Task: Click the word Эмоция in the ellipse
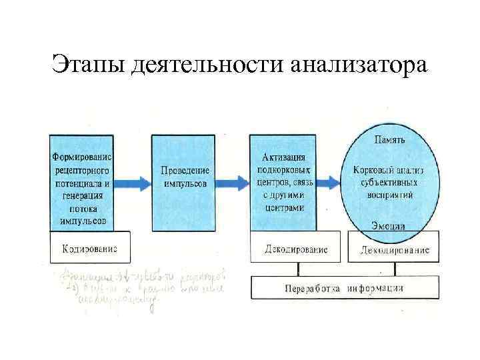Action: tap(388, 226)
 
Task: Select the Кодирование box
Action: tap(89, 248)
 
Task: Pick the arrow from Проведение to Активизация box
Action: tap(233, 182)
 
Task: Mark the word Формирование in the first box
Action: tap(82, 157)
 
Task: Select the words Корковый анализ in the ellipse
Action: tap(388, 170)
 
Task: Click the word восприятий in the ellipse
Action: tap(388, 195)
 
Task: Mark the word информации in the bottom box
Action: tap(381, 288)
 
